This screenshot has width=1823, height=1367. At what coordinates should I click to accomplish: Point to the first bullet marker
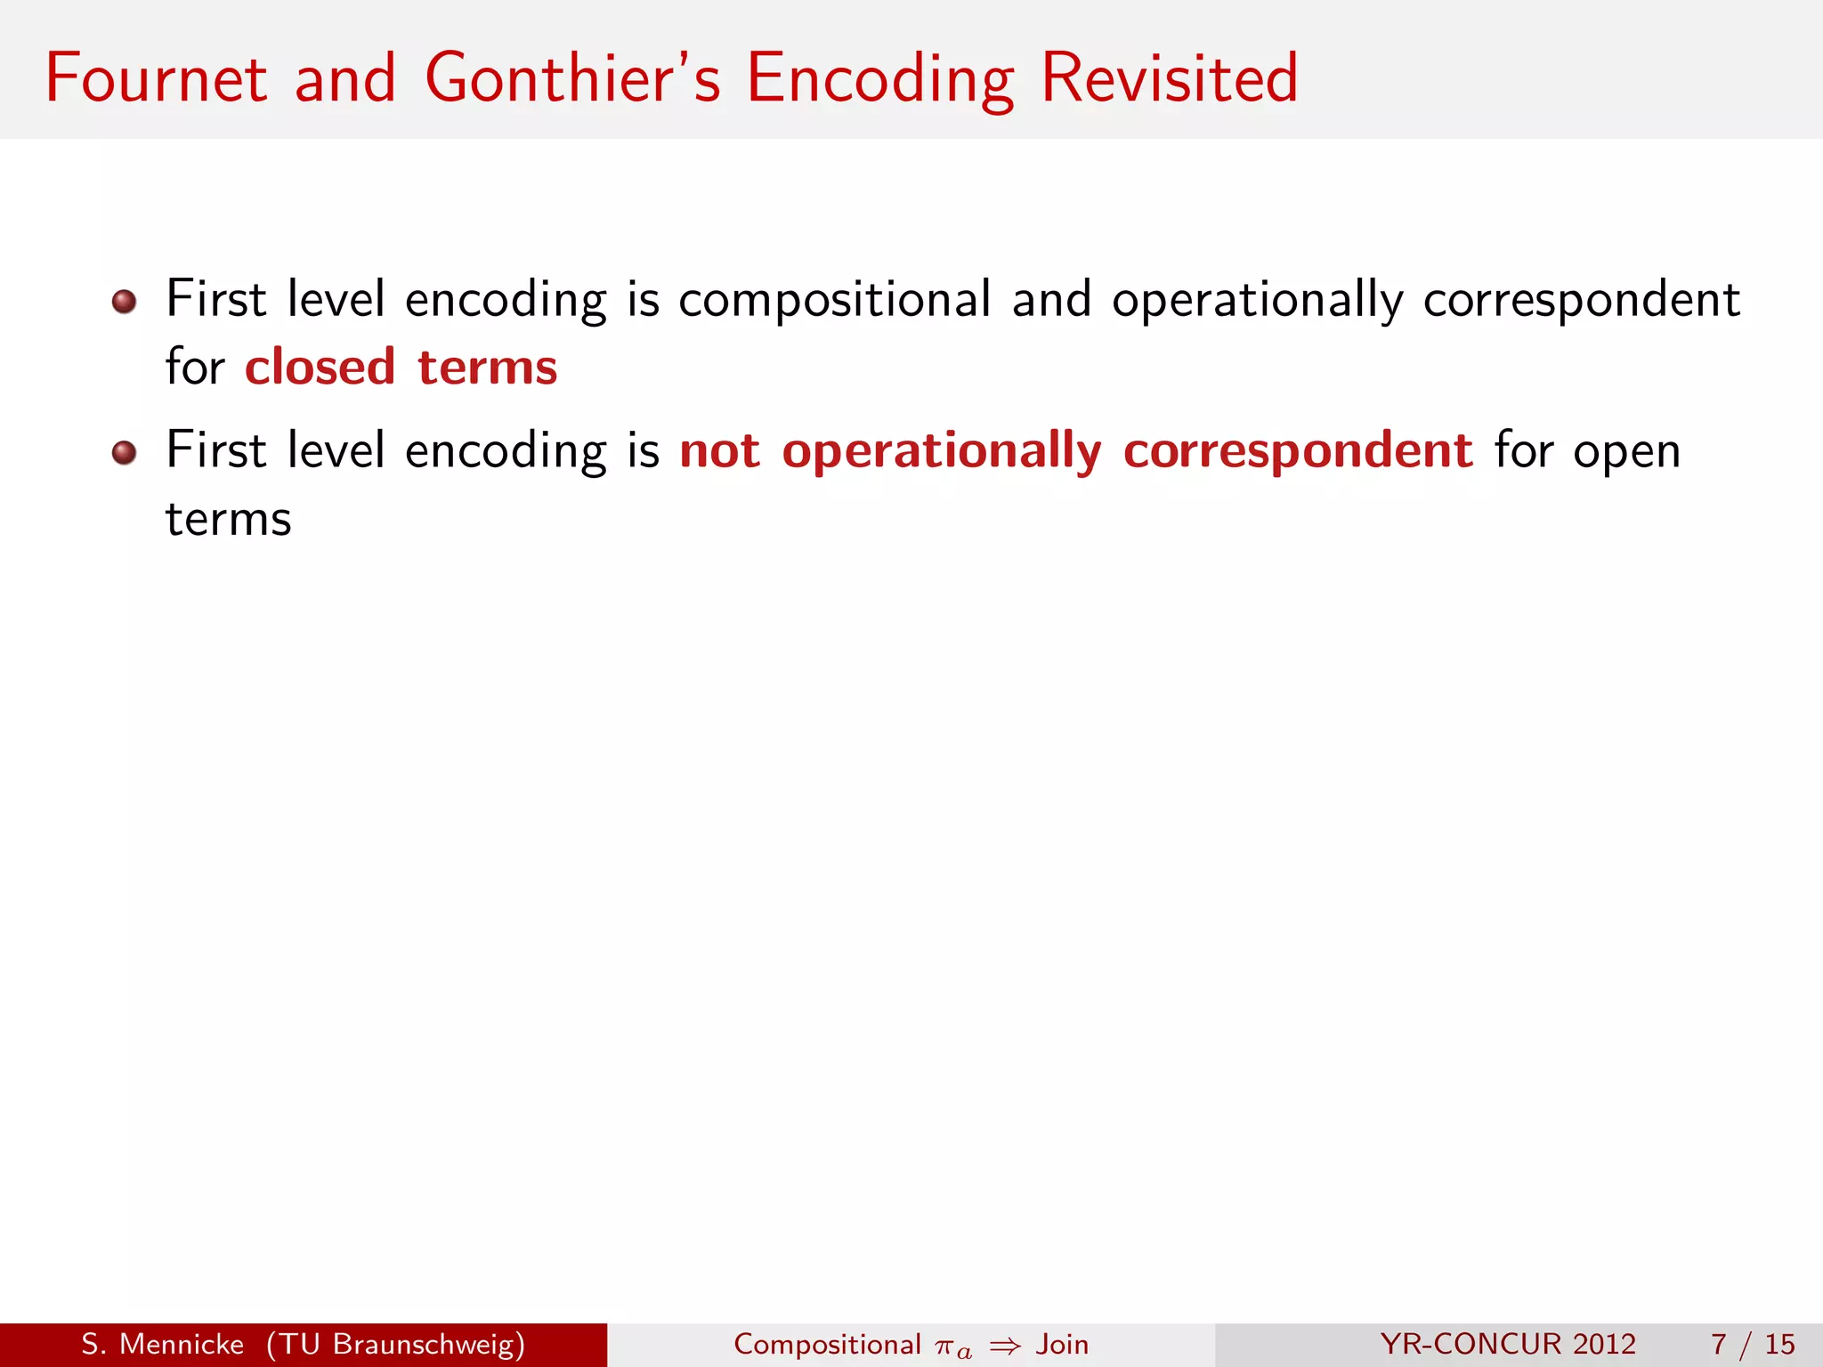(x=125, y=302)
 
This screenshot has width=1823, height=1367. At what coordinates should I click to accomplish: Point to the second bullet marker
(x=125, y=453)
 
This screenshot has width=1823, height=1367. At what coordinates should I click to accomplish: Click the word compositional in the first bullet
(x=834, y=301)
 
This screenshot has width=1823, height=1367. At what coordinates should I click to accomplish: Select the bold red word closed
(x=320, y=367)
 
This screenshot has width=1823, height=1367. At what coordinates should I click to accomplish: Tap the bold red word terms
(x=487, y=368)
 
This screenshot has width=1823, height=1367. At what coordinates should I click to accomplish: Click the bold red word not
(x=719, y=450)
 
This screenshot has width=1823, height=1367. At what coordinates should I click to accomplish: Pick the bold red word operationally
(x=942, y=452)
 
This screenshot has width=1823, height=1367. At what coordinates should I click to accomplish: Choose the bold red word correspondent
(x=1298, y=452)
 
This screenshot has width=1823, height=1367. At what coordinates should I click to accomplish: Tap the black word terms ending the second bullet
(x=229, y=520)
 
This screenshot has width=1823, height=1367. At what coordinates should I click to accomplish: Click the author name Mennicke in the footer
(x=182, y=1344)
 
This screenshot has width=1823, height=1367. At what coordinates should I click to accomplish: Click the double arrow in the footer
(x=1005, y=1346)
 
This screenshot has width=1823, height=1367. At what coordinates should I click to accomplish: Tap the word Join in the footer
(x=1062, y=1344)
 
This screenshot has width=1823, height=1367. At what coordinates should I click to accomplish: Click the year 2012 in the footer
(x=1603, y=1344)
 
